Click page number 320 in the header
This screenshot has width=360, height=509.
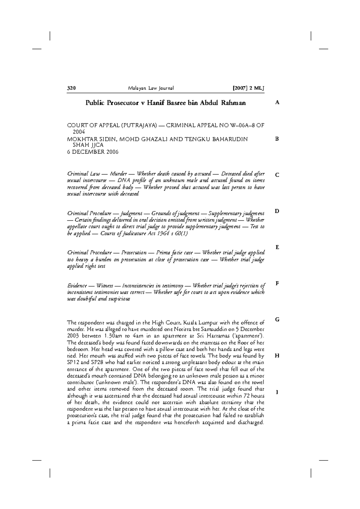coord(71,88)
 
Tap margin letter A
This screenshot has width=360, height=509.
coord(277,103)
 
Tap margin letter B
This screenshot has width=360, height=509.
coord(277,139)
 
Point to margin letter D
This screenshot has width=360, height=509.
coord(277,211)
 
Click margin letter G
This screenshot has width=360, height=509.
coord(277,320)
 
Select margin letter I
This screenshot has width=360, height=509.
coord(277,392)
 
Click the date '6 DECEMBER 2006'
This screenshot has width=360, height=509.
coord(93,152)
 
